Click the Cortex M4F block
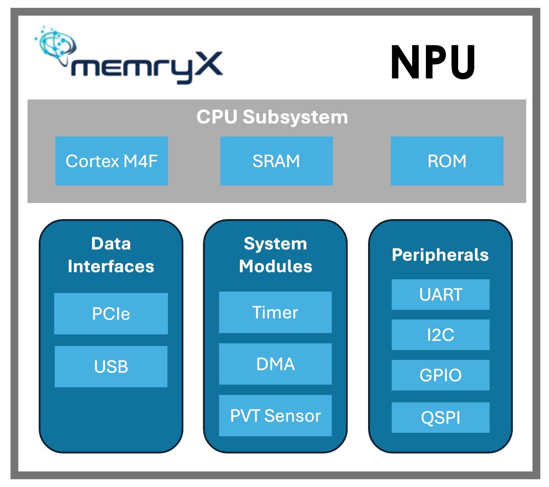click(112, 161)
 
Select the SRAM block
click(276, 161)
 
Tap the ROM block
click(447, 161)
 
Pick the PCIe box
click(111, 314)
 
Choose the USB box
click(111, 367)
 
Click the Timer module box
click(275, 312)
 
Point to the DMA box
click(275, 364)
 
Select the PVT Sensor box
click(275, 415)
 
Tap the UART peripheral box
click(440, 295)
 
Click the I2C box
click(440, 335)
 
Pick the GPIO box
click(440, 375)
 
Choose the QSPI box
click(440, 417)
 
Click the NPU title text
click(433, 62)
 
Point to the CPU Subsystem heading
click(272, 117)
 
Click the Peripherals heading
click(440, 255)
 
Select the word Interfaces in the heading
click(111, 266)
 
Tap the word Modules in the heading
click(276, 266)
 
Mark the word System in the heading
click(275, 243)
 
